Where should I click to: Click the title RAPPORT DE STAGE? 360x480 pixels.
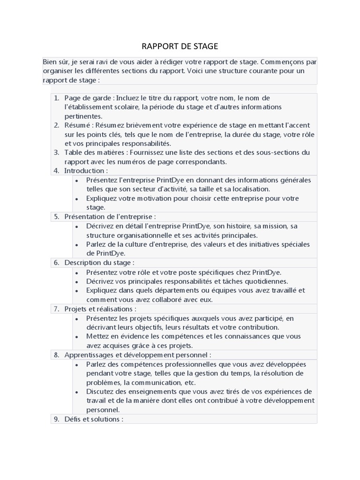point(180,46)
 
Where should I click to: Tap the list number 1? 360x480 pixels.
point(56,98)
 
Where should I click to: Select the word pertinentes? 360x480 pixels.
point(83,116)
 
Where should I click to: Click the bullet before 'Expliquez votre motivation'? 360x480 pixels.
point(77,198)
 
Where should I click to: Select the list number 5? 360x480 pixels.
point(56,217)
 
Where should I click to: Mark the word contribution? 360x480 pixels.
point(259,327)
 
